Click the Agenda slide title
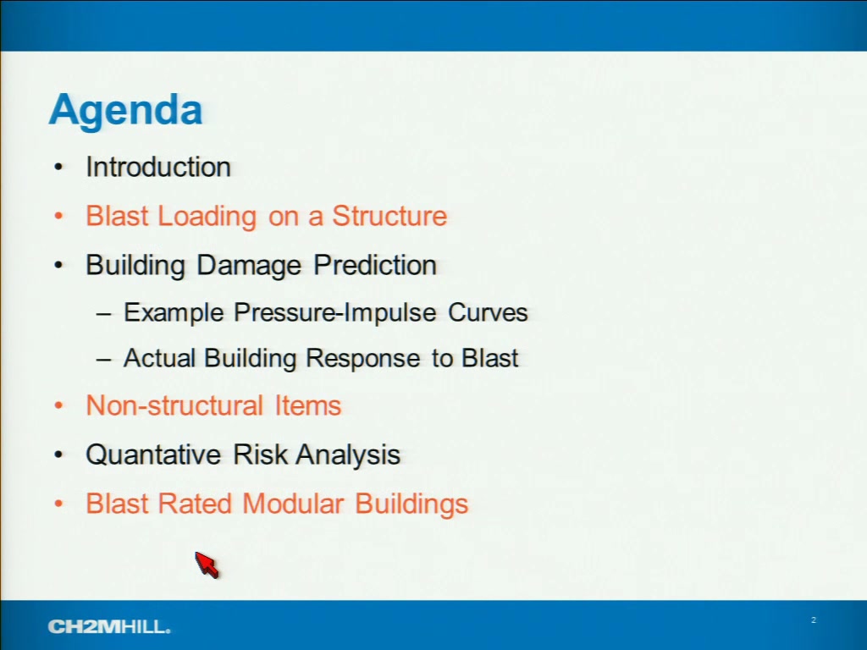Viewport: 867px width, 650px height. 125,112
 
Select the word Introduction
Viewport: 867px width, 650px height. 158,167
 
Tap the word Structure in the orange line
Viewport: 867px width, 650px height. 389,216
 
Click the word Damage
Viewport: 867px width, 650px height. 249,265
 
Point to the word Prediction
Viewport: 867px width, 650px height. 375,265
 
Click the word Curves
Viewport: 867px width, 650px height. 488,313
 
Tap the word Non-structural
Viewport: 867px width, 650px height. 174,405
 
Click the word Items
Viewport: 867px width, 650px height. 308,405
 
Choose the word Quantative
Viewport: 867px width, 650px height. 153,454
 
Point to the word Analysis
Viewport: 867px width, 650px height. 348,455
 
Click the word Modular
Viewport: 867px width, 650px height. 293,504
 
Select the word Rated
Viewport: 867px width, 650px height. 194,504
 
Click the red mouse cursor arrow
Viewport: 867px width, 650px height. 207,565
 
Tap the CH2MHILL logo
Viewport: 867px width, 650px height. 109,627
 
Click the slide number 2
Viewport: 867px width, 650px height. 814,620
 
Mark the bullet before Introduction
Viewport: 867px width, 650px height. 58,167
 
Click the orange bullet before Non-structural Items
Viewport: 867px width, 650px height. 58,405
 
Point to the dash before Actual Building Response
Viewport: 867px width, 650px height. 103,360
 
